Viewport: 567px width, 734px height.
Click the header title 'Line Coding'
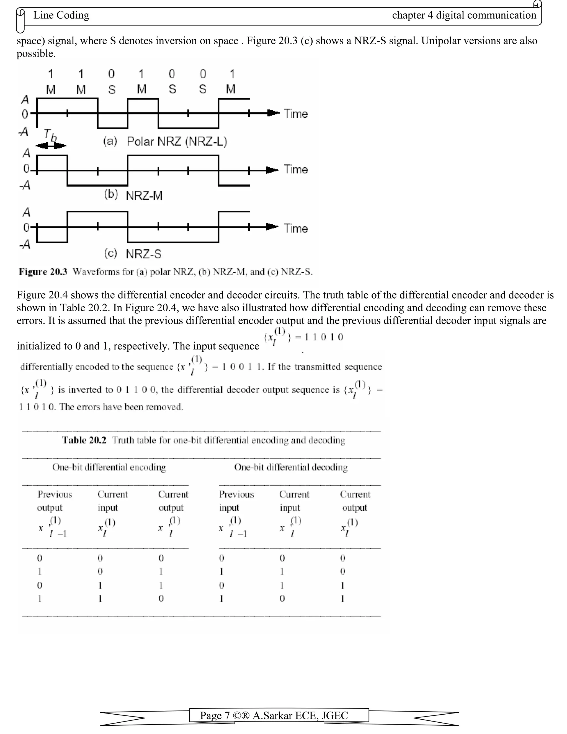(61, 15)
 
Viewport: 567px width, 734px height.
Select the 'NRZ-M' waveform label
(144, 196)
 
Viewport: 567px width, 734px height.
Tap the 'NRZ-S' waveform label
(143, 254)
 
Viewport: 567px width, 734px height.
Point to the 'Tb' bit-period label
(50, 135)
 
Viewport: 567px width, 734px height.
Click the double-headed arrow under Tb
(51, 145)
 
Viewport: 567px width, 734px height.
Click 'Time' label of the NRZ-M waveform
(296, 170)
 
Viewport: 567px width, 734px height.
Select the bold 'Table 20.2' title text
(84, 440)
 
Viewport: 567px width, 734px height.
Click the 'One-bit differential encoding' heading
(109, 467)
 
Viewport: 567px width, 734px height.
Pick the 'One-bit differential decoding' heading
(291, 467)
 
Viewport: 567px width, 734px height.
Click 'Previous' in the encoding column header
(55, 494)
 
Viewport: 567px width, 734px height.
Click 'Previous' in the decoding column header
(236, 494)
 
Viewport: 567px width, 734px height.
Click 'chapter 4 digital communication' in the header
(464, 15)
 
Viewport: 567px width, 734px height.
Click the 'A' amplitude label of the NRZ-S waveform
(26, 212)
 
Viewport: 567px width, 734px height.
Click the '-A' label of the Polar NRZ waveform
(24, 132)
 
